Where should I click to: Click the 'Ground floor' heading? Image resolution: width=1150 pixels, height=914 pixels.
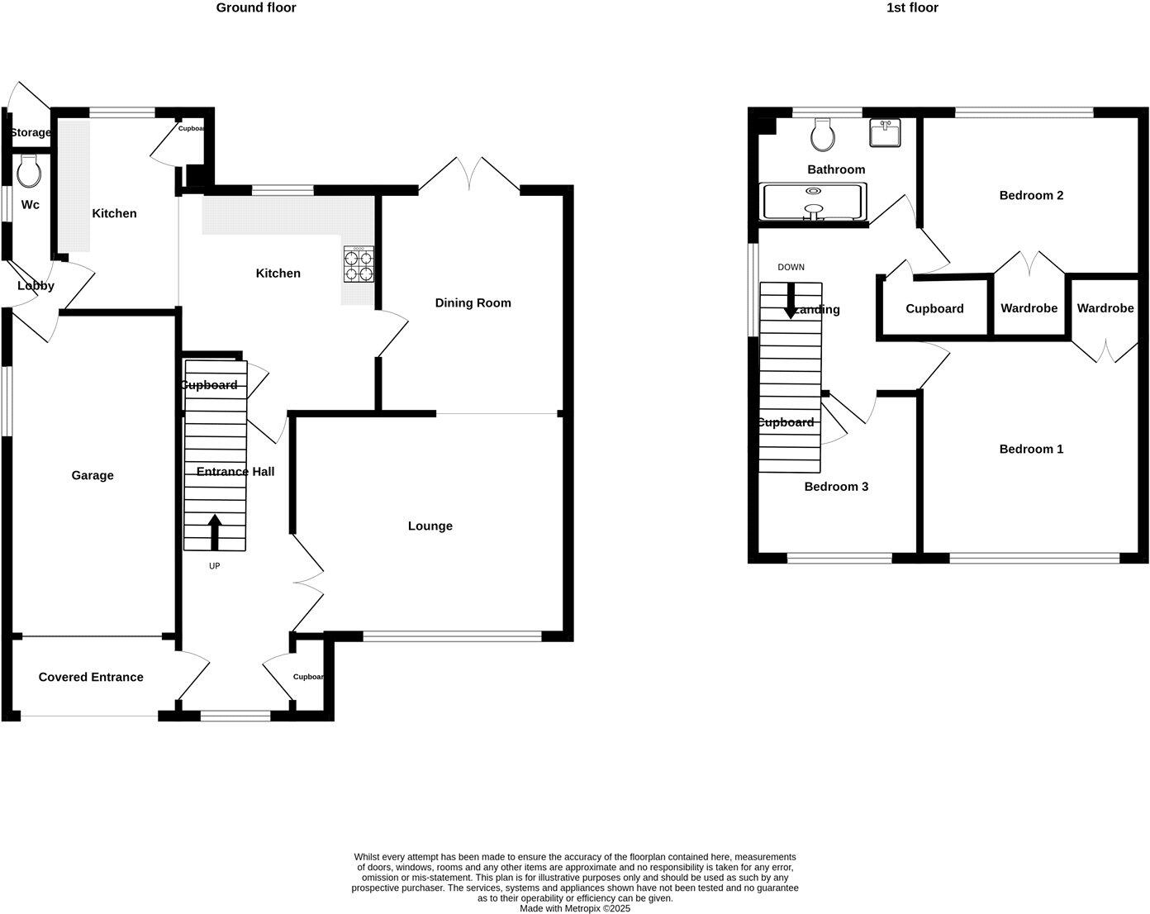(255, 8)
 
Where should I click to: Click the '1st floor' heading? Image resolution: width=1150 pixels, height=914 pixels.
(912, 8)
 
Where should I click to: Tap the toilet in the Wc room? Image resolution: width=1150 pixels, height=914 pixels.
(30, 172)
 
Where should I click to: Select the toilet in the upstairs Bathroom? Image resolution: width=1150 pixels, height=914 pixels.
(822, 134)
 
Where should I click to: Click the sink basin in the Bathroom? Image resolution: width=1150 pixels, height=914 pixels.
(885, 132)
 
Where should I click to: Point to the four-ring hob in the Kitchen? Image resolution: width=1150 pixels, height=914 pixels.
(359, 264)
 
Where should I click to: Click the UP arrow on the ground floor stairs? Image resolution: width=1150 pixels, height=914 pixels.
(215, 532)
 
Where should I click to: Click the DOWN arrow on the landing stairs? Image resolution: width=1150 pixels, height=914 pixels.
(791, 301)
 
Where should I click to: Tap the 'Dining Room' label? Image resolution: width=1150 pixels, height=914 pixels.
(473, 303)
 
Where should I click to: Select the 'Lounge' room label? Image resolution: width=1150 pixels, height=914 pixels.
(430, 526)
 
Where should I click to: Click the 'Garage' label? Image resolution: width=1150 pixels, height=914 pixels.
(93, 475)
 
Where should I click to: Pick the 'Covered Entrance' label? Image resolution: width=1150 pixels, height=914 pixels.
(91, 677)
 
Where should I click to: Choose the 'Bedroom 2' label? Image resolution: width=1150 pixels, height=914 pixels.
(1031, 196)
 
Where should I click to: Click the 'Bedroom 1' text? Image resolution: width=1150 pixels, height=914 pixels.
(1031, 450)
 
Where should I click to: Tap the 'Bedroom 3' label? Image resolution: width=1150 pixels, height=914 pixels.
(836, 487)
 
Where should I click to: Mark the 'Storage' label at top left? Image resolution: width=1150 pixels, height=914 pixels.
(30, 133)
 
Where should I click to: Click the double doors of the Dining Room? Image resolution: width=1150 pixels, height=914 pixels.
(469, 174)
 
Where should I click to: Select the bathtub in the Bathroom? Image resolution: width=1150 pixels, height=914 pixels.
(812, 202)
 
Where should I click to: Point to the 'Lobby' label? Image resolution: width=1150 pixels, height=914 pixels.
(36, 286)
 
